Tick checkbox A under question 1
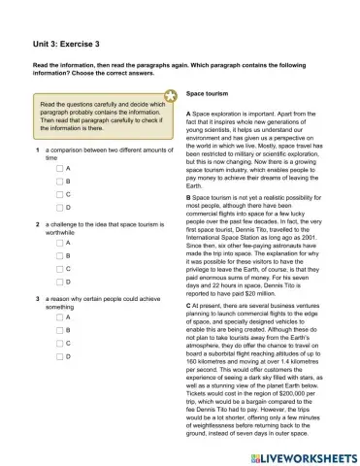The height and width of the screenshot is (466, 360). pyautogui.click(x=59, y=168)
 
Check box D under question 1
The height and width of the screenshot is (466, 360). pyautogui.click(x=59, y=207)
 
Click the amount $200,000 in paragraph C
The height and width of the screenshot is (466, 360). pyautogui.click(x=289, y=403)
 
